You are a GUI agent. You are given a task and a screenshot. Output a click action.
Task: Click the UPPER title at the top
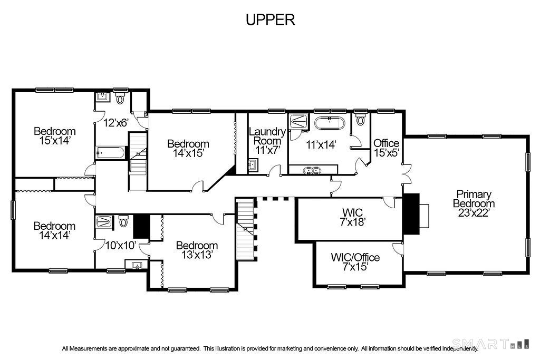pyautogui.click(x=270, y=20)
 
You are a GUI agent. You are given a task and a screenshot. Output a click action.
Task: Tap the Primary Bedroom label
pyautogui.click(x=474, y=199)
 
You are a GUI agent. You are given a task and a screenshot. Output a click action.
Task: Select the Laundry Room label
pyautogui.click(x=267, y=136)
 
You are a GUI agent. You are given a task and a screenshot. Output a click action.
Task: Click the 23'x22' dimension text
pyautogui.click(x=474, y=212)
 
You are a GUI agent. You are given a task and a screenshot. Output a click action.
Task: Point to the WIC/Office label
pyautogui.click(x=355, y=257)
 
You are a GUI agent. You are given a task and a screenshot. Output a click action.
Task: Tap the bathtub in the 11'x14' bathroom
pyautogui.click(x=330, y=124)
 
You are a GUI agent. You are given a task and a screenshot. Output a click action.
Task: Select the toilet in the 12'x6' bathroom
pyautogui.click(x=120, y=98)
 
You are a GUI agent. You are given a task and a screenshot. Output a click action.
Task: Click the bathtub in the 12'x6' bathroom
pyautogui.click(x=111, y=153)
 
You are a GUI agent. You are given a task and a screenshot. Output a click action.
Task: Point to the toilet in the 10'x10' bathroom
pyautogui.click(x=123, y=221)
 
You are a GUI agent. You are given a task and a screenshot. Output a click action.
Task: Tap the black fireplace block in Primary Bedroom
pyautogui.click(x=411, y=213)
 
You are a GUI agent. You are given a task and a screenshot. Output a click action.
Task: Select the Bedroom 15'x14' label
pyautogui.click(x=54, y=136)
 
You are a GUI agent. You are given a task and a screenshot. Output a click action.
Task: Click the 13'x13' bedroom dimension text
pyautogui.click(x=197, y=255)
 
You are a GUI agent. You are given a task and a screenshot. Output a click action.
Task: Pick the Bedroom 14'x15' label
pyautogui.click(x=188, y=148)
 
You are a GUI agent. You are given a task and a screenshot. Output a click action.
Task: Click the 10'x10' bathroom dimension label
pyautogui.click(x=120, y=245)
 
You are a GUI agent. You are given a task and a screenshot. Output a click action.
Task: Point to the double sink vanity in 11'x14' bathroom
pyautogui.click(x=312, y=170)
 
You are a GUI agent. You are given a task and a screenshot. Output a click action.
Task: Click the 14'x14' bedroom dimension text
pyautogui.click(x=54, y=236)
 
